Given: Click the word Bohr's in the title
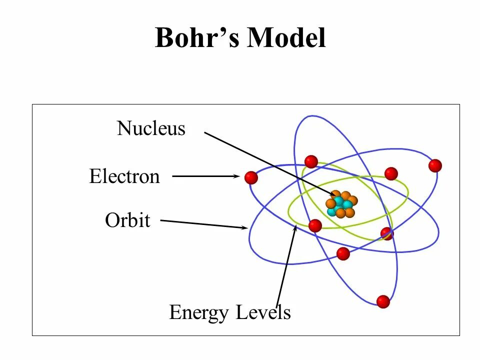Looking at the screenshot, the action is pyautogui.click(x=197, y=38).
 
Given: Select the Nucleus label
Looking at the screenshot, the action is pyautogui.click(x=151, y=129).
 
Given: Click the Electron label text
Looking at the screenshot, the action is pyautogui.click(x=124, y=176).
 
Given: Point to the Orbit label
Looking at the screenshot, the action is pyautogui.click(x=127, y=220).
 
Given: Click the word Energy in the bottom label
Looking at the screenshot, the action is pyautogui.click(x=199, y=313).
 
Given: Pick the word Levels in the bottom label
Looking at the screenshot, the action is pyautogui.click(x=263, y=313).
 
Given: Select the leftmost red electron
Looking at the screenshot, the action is pyautogui.click(x=251, y=177).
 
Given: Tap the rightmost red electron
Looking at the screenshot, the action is pyautogui.click(x=435, y=165).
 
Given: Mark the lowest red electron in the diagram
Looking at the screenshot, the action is pyautogui.click(x=383, y=301).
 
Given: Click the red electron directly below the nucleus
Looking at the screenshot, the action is pyautogui.click(x=343, y=253).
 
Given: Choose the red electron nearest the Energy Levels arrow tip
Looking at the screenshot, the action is pyautogui.click(x=315, y=225).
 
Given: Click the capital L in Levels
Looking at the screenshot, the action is pyautogui.click(x=242, y=313).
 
